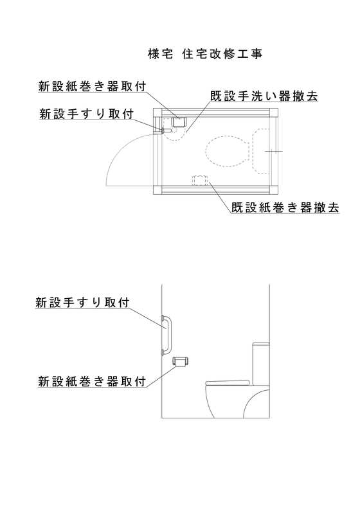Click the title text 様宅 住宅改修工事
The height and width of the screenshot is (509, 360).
pos(205,54)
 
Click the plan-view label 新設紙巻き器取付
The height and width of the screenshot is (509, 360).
pos(92,86)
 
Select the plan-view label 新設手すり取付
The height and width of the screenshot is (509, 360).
pos(86,114)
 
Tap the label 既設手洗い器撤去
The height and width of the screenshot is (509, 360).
pos(264,96)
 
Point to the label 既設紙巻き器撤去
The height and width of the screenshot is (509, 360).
pos(285,208)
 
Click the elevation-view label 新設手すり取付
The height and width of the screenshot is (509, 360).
pos(82,303)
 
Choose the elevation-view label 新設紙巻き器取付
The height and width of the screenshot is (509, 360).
pos(92,381)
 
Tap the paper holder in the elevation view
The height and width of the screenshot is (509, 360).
pos(181,361)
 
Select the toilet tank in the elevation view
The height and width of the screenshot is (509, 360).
pos(261,364)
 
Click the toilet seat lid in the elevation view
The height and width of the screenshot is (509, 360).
pos(228,382)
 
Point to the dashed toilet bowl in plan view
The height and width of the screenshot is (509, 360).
pos(227,151)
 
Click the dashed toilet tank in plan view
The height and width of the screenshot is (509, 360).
pos(260,151)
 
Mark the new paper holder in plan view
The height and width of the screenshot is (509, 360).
pos(178,122)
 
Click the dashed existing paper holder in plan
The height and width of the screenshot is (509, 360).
pos(200,180)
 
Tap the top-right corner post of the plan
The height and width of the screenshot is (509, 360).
pos(273,112)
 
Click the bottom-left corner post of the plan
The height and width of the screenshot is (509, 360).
pos(157,190)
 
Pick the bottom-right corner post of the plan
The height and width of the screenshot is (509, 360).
pos(273,190)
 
